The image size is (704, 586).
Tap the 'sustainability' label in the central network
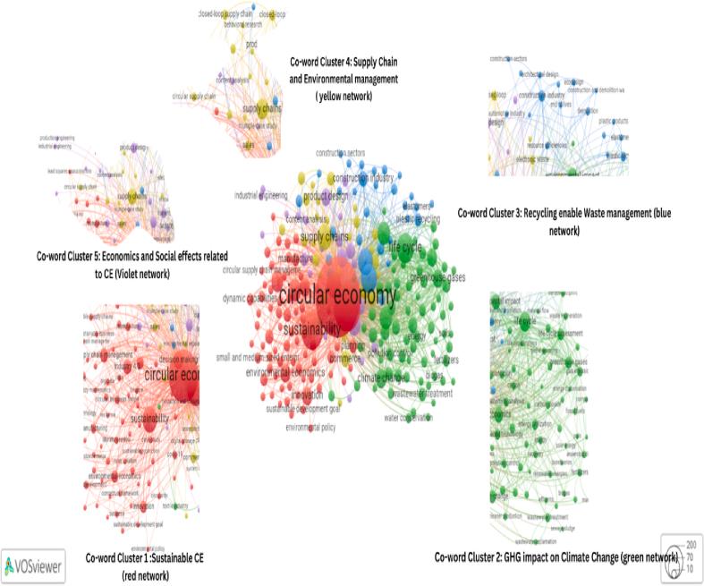click(x=311, y=328)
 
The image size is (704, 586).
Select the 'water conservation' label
click(x=409, y=418)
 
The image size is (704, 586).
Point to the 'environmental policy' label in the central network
click(x=310, y=428)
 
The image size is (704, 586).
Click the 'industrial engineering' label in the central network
click(x=260, y=195)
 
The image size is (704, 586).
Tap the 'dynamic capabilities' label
click(x=251, y=297)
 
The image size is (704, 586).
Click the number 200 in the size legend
click(x=690, y=544)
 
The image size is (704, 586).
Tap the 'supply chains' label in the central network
click(x=324, y=236)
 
